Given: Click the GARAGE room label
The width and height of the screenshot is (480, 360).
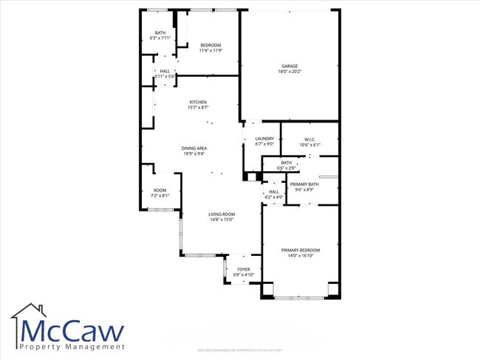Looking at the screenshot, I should click(x=289, y=66).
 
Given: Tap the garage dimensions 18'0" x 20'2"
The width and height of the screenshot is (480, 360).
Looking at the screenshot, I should click(x=289, y=72).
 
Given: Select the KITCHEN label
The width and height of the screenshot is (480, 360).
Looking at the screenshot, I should click(x=197, y=102).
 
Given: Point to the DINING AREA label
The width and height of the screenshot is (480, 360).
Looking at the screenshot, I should click(x=194, y=148).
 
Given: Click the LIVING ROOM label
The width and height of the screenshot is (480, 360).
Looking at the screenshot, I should click(x=222, y=213).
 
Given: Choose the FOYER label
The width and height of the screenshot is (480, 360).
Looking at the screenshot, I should click(x=243, y=269).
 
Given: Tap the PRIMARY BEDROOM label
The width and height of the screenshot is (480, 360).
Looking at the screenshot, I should click(x=299, y=250).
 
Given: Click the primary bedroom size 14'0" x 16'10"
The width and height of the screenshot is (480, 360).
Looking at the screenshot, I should click(x=299, y=256).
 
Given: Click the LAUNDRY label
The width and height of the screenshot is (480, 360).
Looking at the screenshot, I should click(x=264, y=138).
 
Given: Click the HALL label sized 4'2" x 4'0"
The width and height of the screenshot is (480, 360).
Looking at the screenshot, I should click(x=273, y=191).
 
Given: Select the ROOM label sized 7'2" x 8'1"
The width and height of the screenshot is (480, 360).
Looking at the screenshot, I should click(x=160, y=190).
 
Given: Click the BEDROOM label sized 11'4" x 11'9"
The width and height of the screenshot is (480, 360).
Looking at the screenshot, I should click(x=210, y=45).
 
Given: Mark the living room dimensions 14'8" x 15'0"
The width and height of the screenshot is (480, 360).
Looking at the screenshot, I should click(x=222, y=219).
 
